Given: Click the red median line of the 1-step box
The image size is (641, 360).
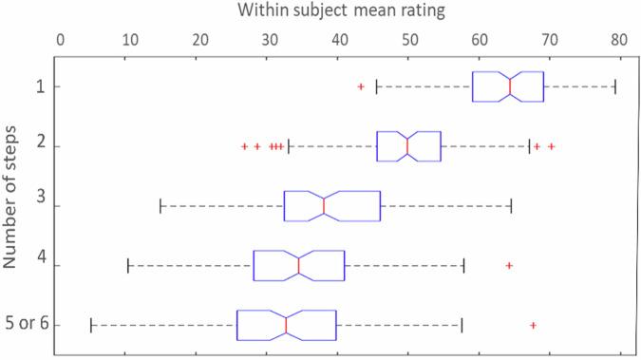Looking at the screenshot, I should pos(510,86).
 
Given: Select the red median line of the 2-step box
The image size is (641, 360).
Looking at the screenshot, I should pos(407,146).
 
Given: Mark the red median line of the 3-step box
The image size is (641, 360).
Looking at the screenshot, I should pos(324,206).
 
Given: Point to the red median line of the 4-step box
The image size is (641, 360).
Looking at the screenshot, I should pos(298,265).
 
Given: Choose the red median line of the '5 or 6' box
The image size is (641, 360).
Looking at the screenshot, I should pos(286,325).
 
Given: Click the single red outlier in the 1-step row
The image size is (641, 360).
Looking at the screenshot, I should pos(361,86).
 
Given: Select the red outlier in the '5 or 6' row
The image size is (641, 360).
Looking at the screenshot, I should pos(533,325).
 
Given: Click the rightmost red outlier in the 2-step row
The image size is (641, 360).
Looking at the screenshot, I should pos(551,146).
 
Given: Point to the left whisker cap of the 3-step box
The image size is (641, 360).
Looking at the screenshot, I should pos(160,206).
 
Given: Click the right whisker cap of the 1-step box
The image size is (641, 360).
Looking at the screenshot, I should pos(615,86).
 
